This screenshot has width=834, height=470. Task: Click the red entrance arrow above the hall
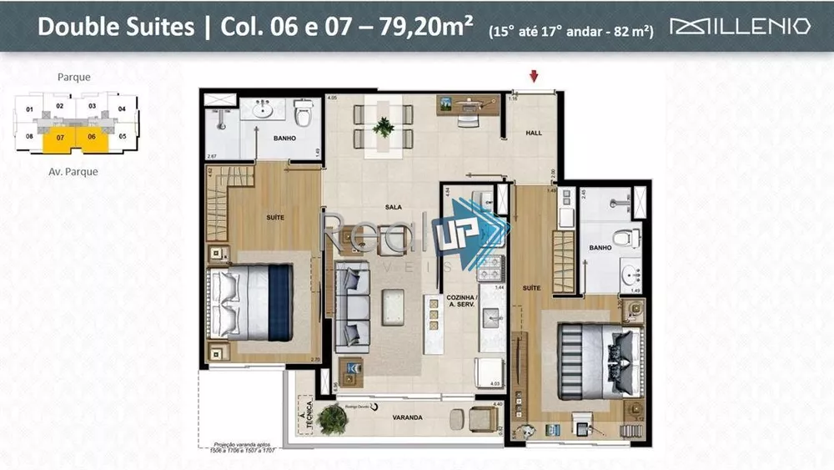pos(534,78)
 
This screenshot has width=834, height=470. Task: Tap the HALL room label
pos(533,133)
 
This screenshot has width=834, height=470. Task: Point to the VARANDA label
pos(408,417)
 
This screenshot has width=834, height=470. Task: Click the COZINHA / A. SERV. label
pos(461,301)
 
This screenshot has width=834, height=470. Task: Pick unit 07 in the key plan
pos(60,136)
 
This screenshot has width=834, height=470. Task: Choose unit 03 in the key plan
pos(93,107)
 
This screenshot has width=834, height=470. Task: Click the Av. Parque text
pos(73,172)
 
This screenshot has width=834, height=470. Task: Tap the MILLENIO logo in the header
pos(741,27)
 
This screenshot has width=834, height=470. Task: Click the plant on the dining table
pos(384,127)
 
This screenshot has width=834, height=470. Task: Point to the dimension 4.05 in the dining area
pos(332,99)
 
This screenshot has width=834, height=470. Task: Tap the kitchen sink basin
pos(491,316)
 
